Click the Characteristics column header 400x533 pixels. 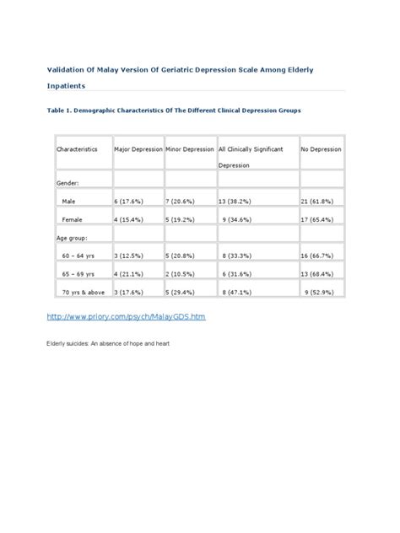(x=78, y=148)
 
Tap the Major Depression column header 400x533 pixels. (x=138, y=148)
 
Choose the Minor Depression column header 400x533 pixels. (x=189, y=148)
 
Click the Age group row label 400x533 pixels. (x=73, y=238)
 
